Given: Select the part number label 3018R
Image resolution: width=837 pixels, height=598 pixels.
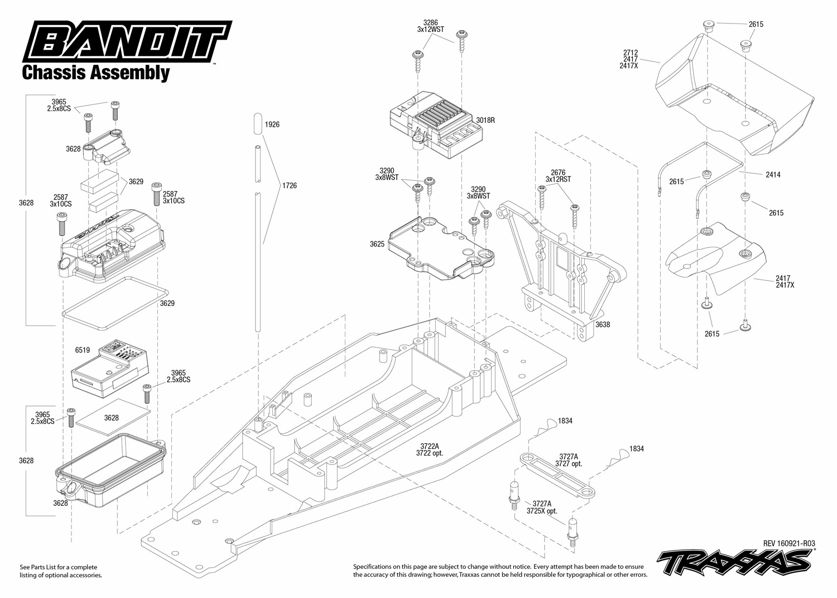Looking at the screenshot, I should [x=485, y=120].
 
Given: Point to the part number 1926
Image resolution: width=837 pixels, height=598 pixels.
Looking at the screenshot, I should [x=272, y=125].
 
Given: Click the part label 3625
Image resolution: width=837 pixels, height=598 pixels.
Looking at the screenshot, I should [x=377, y=244].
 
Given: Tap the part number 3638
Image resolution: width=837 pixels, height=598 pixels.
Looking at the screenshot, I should [x=602, y=324].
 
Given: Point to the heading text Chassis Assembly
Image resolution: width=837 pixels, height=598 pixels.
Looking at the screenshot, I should [x=95, y=73].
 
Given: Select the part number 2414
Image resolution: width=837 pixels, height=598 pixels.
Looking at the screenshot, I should [x=773, y=175].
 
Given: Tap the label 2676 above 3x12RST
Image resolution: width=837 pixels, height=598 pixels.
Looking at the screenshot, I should [x=558, y=173].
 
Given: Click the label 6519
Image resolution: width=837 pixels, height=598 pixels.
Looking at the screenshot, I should [x=82, y=350].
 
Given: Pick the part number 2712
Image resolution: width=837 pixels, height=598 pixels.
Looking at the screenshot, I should [x=631, y=53].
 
